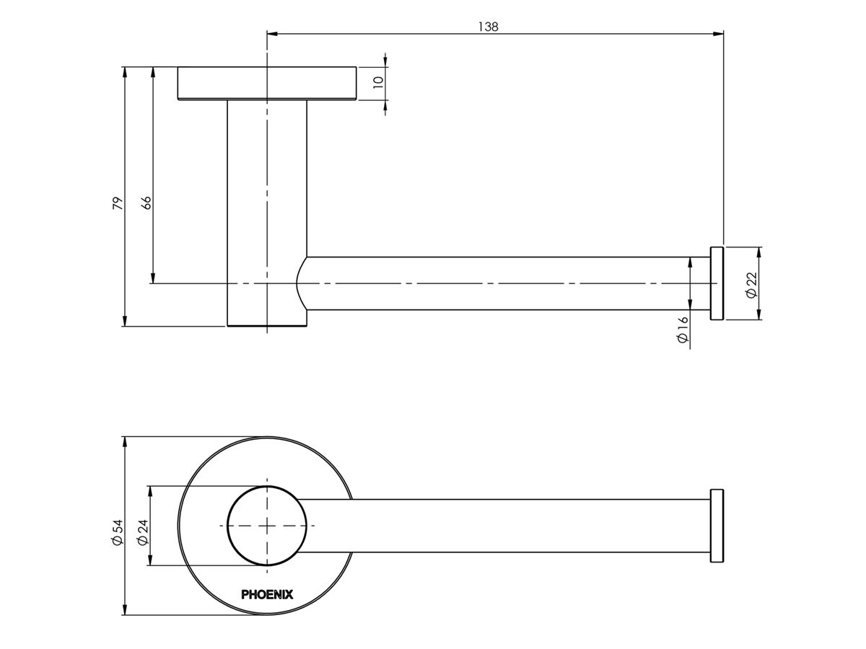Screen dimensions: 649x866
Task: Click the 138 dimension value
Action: pos(489,27)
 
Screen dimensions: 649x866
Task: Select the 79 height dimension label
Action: pos(118,203)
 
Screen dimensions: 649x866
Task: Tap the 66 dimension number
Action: pos(146,203)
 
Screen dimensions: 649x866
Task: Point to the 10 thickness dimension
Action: pos(377,81)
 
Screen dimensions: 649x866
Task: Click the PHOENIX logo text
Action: pos(267,594)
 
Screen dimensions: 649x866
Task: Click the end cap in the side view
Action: pos(717,283)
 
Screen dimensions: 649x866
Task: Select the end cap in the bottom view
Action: pos(717,526)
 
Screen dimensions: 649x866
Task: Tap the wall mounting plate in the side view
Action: pos(267,83)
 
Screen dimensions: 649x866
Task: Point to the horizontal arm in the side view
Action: pos(505,283)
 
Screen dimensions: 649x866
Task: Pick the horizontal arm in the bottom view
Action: pos(505,526)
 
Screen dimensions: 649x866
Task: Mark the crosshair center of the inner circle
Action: pos(267,526)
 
